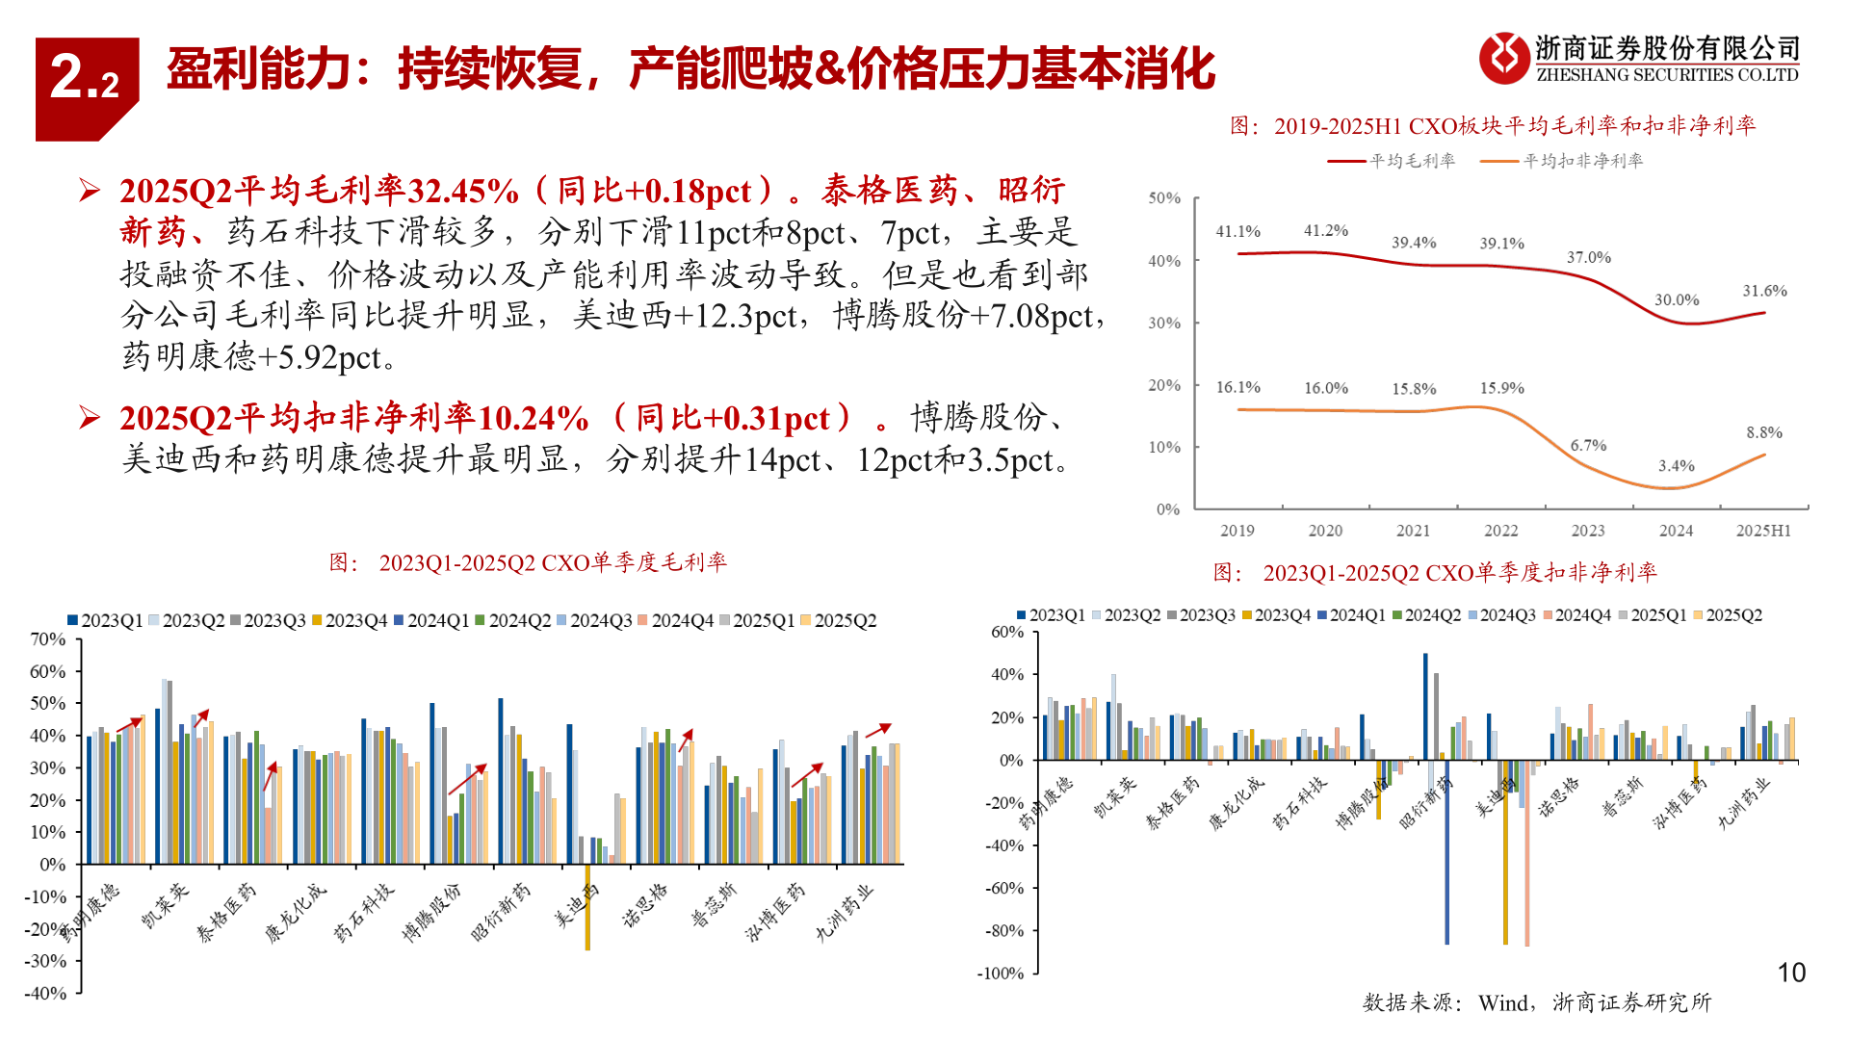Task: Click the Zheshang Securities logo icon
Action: [1503, 58]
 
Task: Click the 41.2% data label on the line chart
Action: [1326, 231]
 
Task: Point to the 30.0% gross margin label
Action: [1677, 300]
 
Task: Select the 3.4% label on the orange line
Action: [1676, 466]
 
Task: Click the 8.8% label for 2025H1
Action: [1764, 433]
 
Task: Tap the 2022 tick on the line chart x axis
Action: [1500, 531]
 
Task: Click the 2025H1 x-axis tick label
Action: [1763, 531]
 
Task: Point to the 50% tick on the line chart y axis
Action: [1164, 198]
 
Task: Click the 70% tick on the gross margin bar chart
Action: [47, 639]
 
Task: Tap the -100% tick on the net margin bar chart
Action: [1001, 974]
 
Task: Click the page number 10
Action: [1791, 973]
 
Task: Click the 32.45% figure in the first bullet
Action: [463, 191]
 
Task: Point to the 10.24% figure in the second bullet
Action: [534, 418]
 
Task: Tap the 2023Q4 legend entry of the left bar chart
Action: [350, 621]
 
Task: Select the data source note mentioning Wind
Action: [1536, 1002]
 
